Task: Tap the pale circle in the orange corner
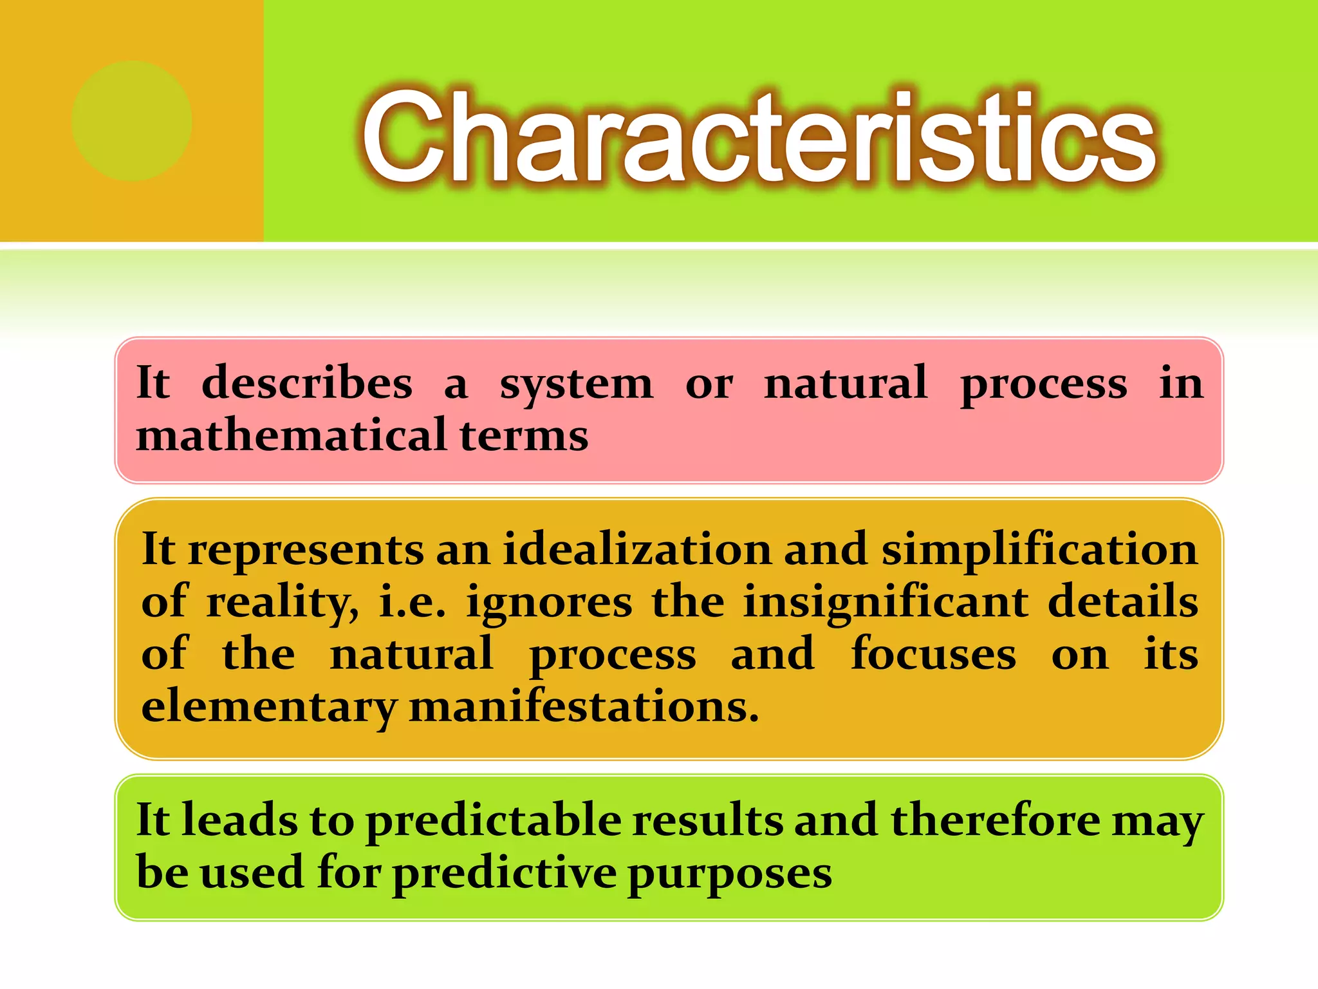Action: tap(132, 121)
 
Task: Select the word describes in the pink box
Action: tap(306, 384)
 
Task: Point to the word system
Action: tap(576, 385)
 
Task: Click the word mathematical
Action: tap(292, 435)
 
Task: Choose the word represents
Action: tap(306, 551)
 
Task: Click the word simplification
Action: tap(1039, 551)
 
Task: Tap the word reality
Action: tap(282, 603)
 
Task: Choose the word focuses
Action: tap(933, 654)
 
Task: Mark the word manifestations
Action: tap(584, 707)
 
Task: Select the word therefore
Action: tap(995, 821)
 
